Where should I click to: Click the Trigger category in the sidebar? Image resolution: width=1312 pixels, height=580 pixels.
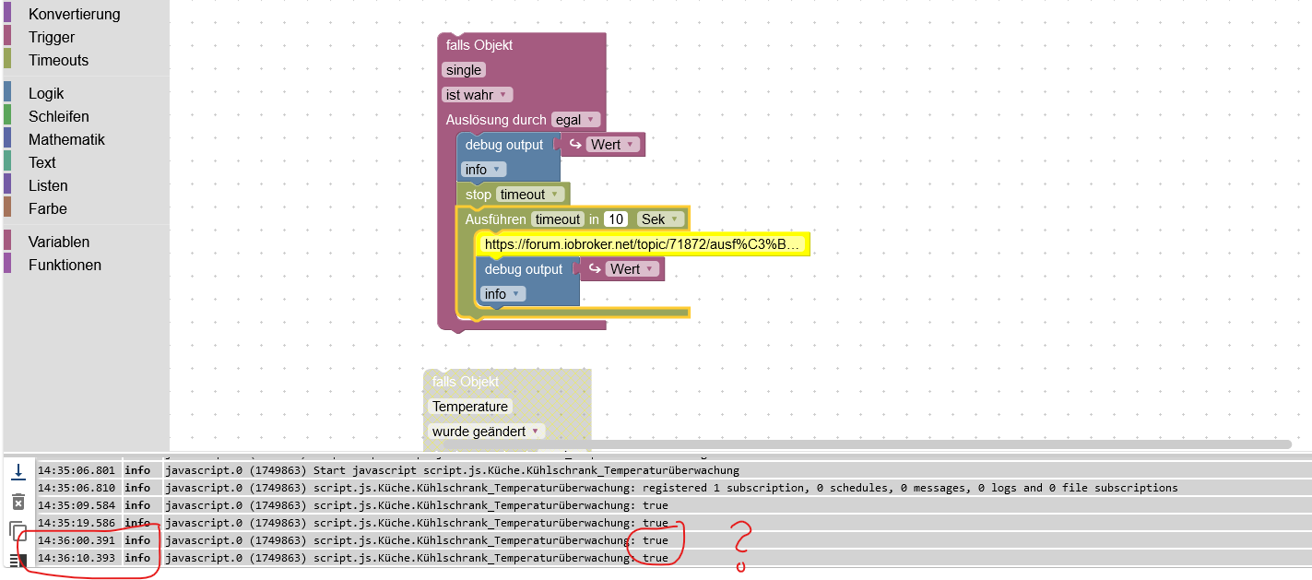point(51,37)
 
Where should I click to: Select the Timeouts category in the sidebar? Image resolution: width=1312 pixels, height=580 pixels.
point(58,60)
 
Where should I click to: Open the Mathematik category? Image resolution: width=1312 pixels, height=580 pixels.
point(66,139)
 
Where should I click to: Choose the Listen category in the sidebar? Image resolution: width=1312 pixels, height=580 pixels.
point(48,185)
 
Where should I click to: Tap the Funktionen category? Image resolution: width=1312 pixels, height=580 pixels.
point(65,265)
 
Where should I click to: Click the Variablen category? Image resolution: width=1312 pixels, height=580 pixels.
point(59,242)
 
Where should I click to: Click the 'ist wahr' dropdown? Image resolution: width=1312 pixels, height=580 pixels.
point(477,95)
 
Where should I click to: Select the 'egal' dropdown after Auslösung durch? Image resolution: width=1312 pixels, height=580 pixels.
point(575,120)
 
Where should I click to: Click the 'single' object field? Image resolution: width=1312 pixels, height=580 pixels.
point(464,70)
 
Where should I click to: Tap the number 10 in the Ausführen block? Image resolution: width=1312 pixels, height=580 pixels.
point(616,219)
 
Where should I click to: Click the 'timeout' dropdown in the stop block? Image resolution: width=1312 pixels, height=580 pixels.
point(530,195)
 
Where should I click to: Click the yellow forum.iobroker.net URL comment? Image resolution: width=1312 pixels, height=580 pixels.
point(644,244)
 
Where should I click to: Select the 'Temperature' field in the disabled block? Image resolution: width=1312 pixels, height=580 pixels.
point(470,407)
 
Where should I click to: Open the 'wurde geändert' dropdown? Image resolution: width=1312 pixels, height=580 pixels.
point(486,432)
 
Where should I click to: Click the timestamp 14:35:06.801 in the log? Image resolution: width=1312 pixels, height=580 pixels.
point(77,470)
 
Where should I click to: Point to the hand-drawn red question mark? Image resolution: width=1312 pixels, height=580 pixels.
point(741,545)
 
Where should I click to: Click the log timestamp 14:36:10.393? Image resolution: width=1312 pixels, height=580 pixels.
point(77,558)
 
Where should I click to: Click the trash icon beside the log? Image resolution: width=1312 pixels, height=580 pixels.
point(18,502)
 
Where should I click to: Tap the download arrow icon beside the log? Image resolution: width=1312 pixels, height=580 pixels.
point(18,471)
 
